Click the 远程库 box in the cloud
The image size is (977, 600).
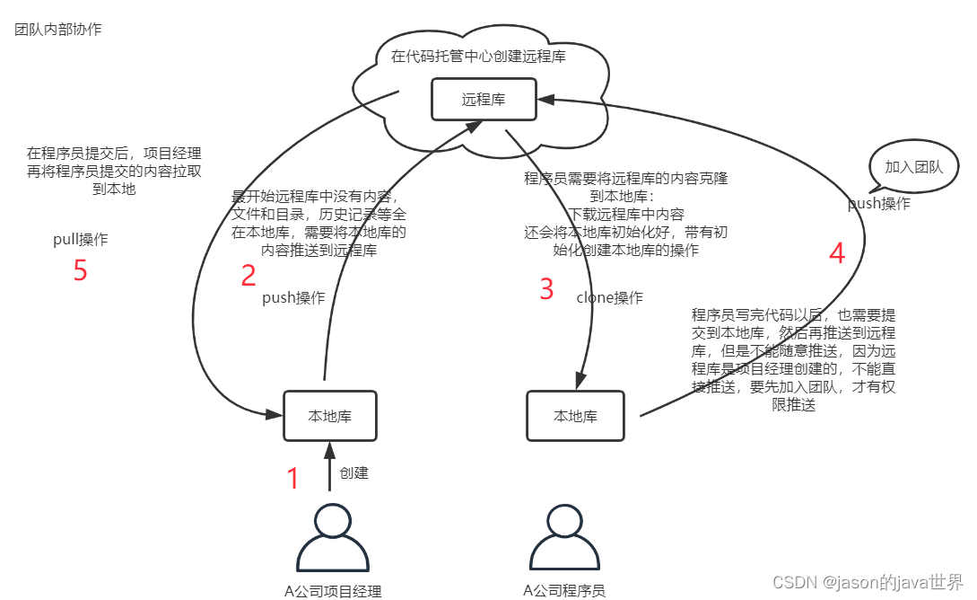click(x=484, y=99)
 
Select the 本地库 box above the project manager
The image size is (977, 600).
click(x=329, y=416)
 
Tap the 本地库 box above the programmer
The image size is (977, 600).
click(x=575, y=416)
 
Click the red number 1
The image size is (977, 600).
click(x=292, y=479)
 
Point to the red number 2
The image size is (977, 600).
click(x=249, y=276)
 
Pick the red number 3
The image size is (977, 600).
click(x=546, y=289)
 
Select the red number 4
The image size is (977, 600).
click(x=837, y=254)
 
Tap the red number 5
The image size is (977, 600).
click(x=80, y=270)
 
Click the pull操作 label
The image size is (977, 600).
click(x=80, y=240)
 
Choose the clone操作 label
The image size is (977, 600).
click(x=609, y=297)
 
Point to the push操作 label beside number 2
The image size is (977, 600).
click(x=293, y=297)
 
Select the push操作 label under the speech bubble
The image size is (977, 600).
click(x=878, y=204)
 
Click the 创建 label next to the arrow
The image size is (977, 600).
click(x=353, y=472)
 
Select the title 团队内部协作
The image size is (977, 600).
click(x=58, y=30)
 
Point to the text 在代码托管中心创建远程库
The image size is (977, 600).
click(x=478, y=57)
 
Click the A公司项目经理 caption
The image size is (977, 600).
click(x=333, y=591)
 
